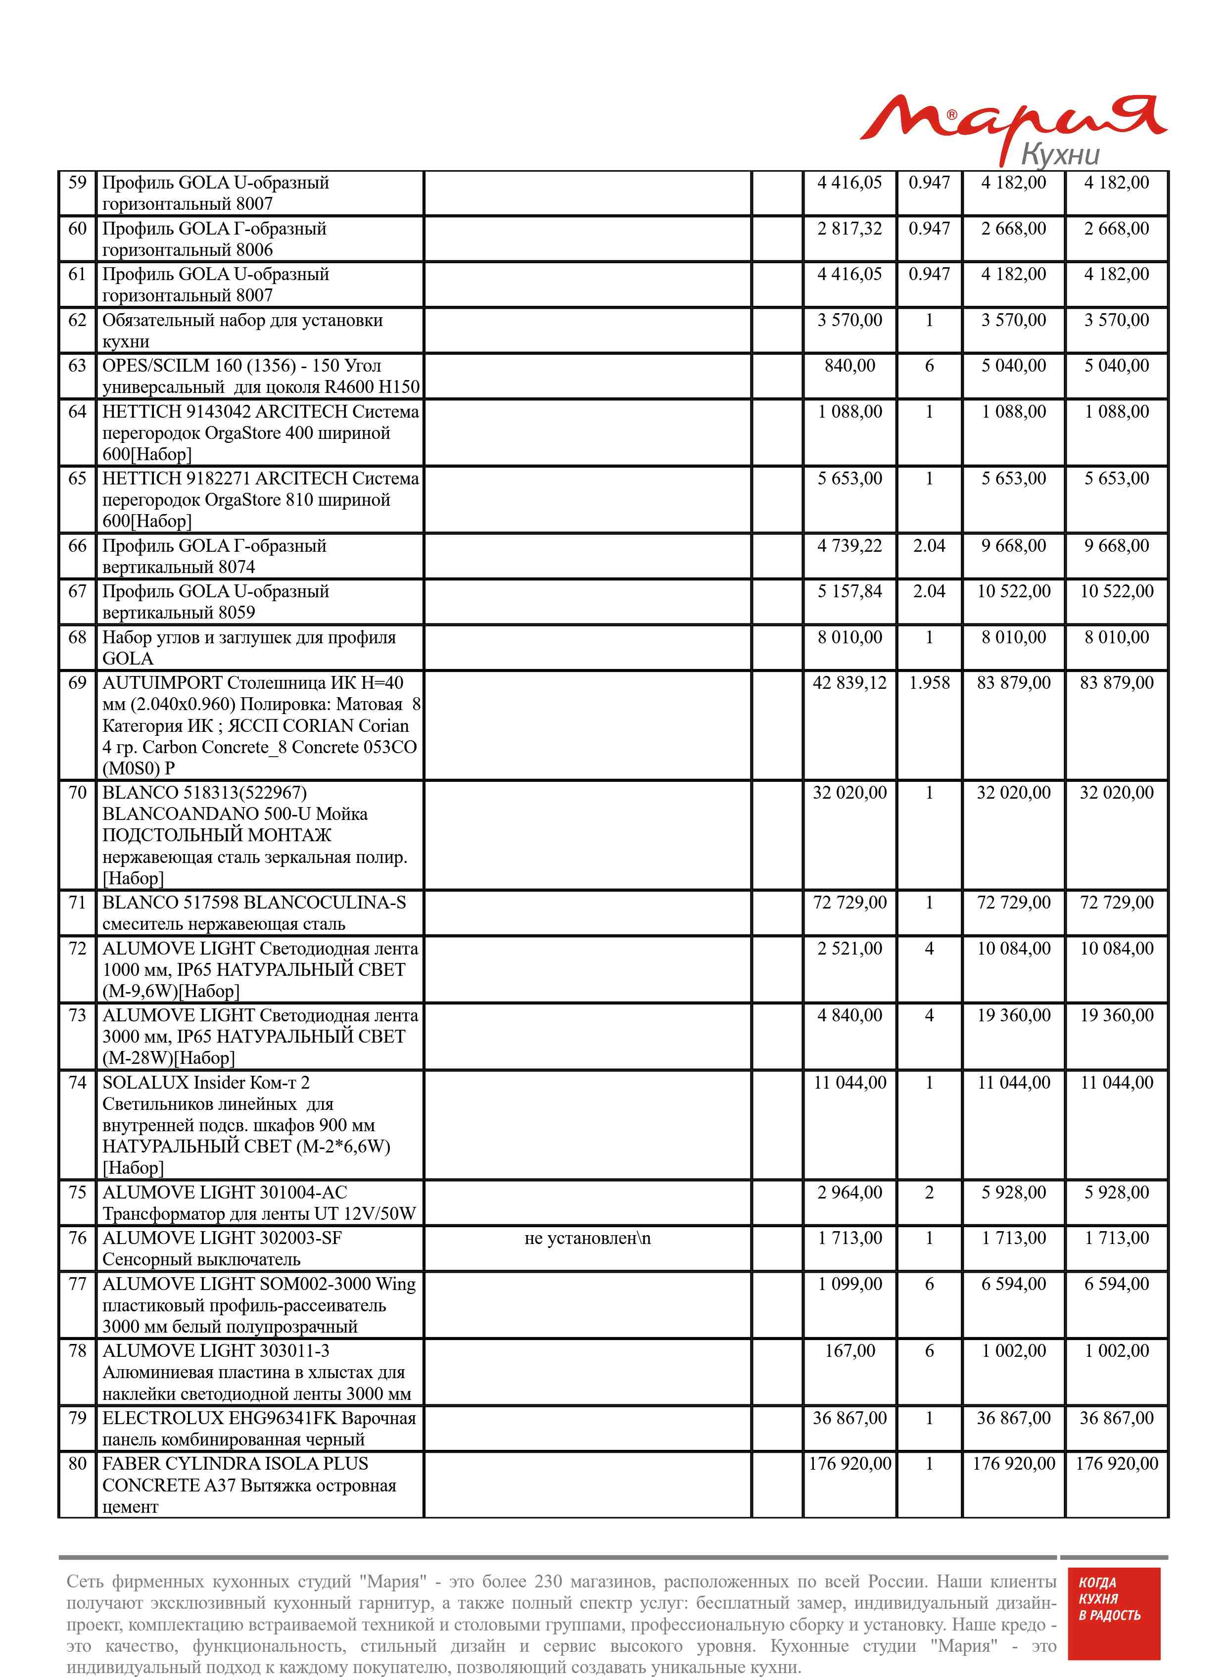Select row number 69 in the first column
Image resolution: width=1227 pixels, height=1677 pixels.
(77, 682)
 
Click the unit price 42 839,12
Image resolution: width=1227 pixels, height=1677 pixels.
(849, 682)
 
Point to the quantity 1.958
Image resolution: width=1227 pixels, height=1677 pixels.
(929, 682)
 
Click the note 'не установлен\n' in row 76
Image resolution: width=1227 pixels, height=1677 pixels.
(587, 1238)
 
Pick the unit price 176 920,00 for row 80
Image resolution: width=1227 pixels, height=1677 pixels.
(849, 1463)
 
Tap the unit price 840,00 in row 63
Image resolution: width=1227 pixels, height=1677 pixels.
(849, 365)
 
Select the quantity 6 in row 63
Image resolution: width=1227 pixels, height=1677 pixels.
(929, 365)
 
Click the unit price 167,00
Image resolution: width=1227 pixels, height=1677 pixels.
(849, 1350)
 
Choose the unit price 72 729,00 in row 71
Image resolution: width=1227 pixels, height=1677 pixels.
(849, 903)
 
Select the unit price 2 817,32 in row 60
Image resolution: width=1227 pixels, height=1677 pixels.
(849, 229)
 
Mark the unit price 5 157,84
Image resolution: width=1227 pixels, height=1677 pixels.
(849, 591)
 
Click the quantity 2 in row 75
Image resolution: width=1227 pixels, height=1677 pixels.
(929, 1192)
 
